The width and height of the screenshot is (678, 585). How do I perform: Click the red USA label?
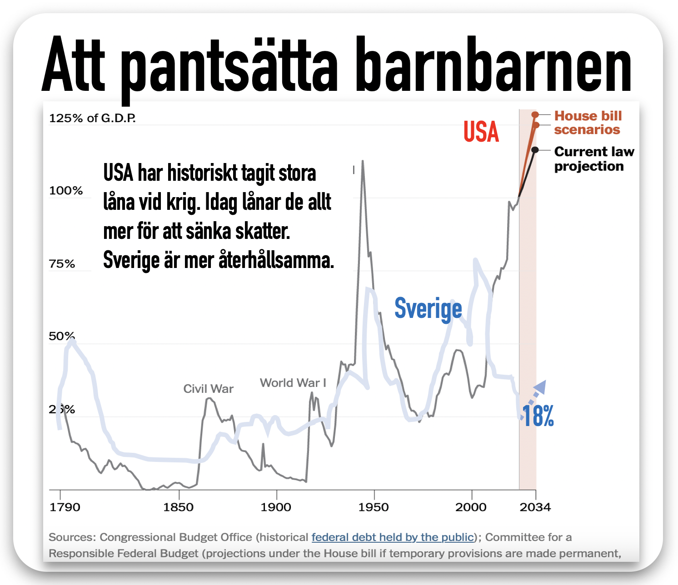[x=481, y=132]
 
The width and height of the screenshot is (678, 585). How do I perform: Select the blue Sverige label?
[x=428, y=309]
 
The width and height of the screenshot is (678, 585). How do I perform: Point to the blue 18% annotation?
[x=538, y=416]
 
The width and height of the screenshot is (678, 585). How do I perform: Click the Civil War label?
[x=208, y=389]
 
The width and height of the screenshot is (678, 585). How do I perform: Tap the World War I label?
[x=293, y=383]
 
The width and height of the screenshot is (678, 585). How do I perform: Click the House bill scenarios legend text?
[x=588, y=123]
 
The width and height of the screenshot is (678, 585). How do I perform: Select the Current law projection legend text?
[x=594, y=159]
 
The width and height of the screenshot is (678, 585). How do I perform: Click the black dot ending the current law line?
[x=535, y=150]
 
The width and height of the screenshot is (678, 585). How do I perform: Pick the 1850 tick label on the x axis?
[x=179, y=507]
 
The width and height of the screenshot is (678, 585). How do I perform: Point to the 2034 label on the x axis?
[x=535, y=507]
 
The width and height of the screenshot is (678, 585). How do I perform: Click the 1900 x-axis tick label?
[x=276, y=507]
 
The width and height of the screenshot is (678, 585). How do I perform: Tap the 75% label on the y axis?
[x=62, y=264]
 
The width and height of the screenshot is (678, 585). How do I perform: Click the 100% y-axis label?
[x=66, y=191]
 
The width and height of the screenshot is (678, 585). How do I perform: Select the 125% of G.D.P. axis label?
[x=92, y=118]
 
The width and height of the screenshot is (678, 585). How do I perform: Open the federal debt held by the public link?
[x=393, y=537]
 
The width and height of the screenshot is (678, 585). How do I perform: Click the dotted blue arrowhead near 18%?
[x=541, y=386]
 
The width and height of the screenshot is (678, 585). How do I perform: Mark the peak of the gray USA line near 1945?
[x=362, y=161]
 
